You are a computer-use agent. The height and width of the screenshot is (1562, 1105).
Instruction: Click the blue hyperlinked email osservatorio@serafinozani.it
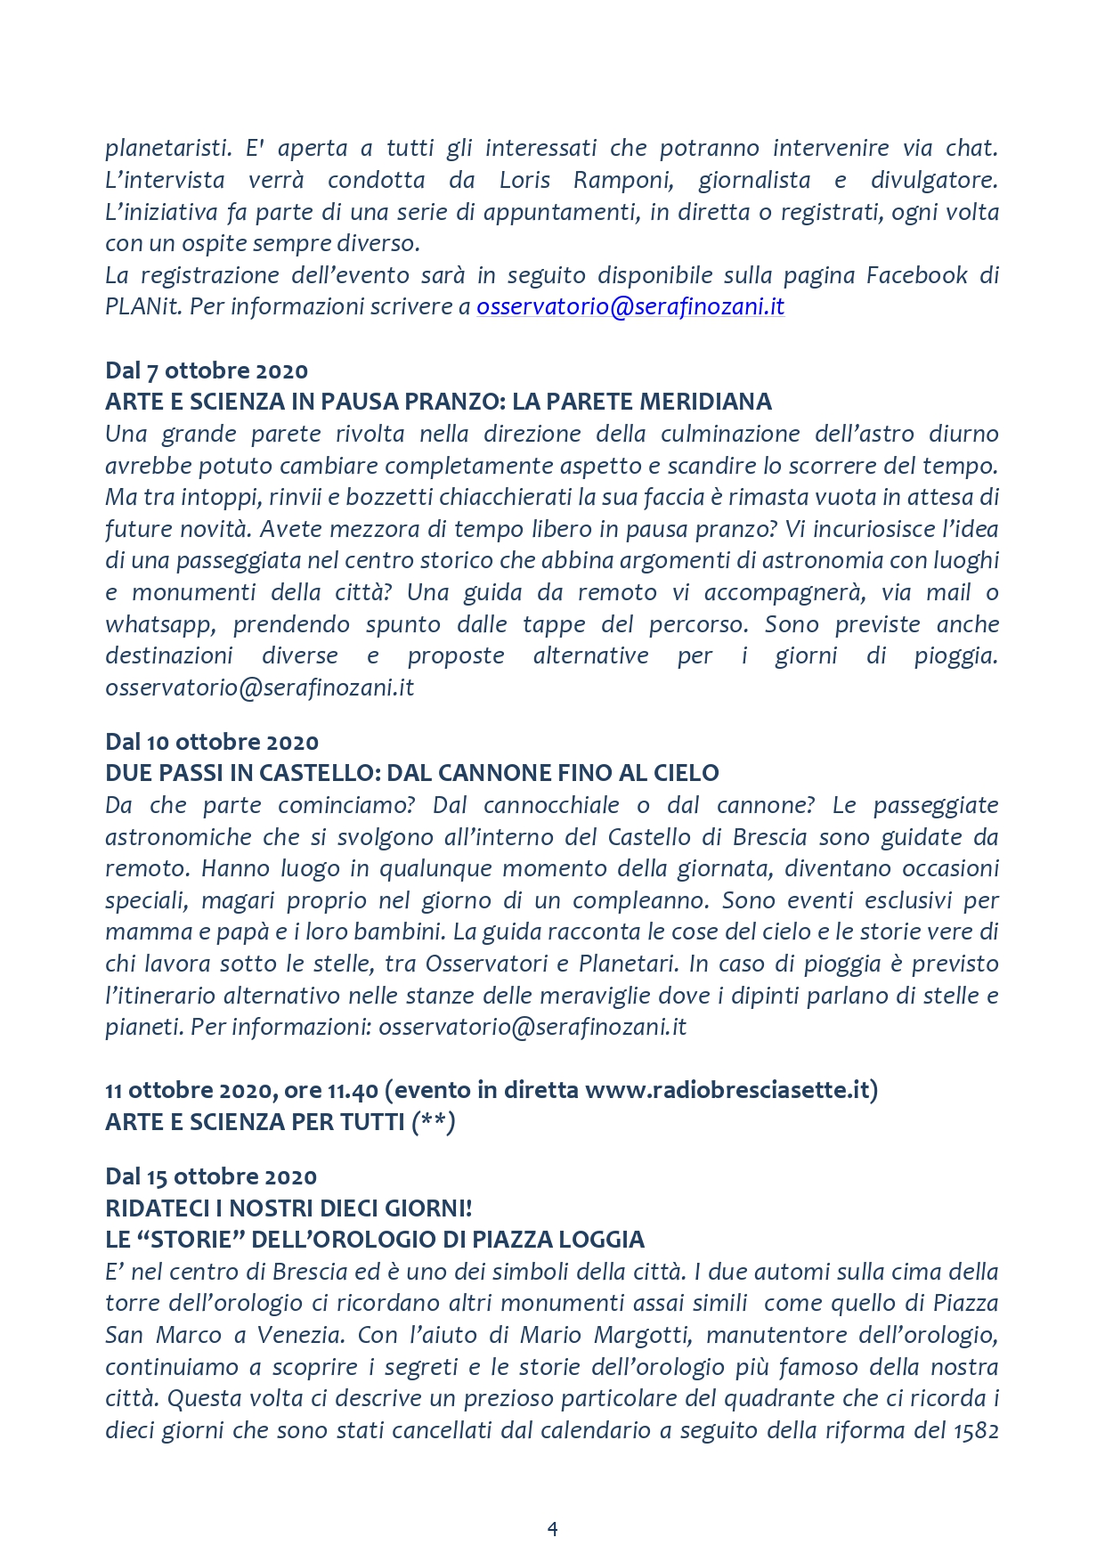pos(630,306)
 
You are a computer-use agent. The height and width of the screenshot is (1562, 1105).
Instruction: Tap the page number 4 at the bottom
pos(552,1529)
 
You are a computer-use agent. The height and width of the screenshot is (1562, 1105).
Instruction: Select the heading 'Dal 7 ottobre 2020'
pos(207,370)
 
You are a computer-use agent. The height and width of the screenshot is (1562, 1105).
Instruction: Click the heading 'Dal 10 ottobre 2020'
pos(212,742)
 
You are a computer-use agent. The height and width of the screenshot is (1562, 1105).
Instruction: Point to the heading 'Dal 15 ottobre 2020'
pos(211,1176)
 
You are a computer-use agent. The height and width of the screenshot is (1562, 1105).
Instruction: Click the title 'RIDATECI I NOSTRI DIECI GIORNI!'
pos(288,1208)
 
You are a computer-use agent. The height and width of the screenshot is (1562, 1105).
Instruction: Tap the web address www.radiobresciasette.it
pos(727,1090)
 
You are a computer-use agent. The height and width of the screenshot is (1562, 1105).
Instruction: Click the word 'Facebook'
pos(917,275)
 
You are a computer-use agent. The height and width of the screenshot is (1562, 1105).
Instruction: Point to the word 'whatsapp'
pos(159,624)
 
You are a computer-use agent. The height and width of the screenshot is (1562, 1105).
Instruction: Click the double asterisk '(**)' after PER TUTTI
pos(434,1122)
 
